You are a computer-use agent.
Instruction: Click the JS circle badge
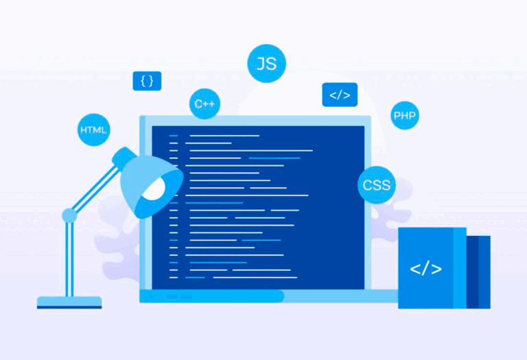pyautogui.click(x=266, y=64)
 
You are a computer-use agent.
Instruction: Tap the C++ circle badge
pyautogui.click(x=204, y=104)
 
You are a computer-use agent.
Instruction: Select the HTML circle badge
pyautogui.click(x=94, y=130)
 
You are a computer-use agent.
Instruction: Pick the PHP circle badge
pyautogui.click(x=405, y=115)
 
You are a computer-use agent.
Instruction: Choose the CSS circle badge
pyautogui.click(x=376, y=184)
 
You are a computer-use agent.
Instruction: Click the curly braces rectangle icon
pyautogui.click(x=147, y=81)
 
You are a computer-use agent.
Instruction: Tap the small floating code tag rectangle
pyautogui.click(x=340, y=95)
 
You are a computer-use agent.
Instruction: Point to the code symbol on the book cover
pyautogui.click(x=425, y=268)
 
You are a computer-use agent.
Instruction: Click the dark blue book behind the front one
pyautogui.click(x=479, y=272)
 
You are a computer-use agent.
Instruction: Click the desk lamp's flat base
pyautogui.click(x=69, y=302)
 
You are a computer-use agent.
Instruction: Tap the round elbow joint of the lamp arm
pyautogui.click(x=69, y=216)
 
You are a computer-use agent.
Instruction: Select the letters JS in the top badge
pyautogui.click(x=266, y=64)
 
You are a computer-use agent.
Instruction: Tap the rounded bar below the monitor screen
pyautogui.click(x=212, y=296)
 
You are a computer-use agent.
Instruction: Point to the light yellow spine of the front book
pyautogui.click(x=460, y=268)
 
